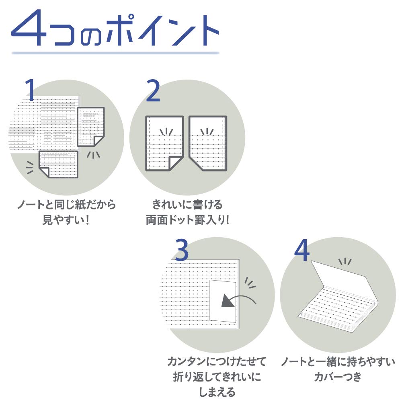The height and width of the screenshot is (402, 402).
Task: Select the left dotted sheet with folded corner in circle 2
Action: pos(164,144)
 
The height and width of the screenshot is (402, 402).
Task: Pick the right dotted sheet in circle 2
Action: pos(208,144)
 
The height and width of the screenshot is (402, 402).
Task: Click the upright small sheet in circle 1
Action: pos(91,126)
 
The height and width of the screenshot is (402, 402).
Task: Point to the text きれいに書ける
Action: pos(187,205)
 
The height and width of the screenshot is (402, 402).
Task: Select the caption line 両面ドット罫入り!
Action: pos(187,220)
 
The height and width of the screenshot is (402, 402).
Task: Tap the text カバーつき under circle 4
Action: pos(338,377)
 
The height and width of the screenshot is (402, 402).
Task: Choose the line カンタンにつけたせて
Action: pos(217,361)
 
